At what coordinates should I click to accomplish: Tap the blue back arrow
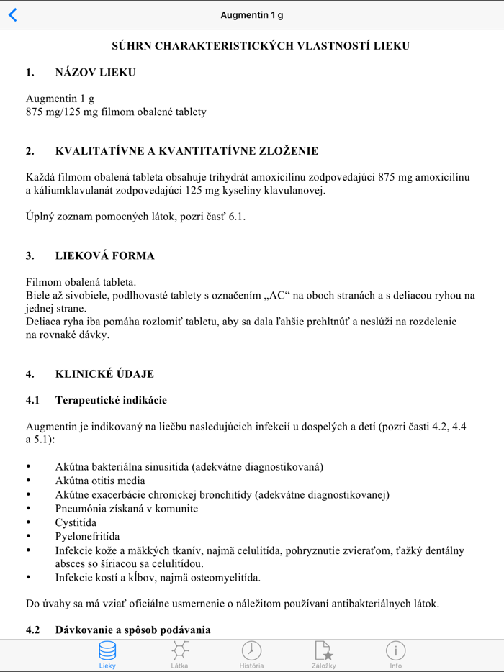pyautogui.click(x=13, y=15)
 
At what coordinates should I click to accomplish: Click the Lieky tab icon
pyautogui.click(x=107, y=651)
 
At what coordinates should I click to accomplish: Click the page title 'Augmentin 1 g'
pyautogui.click(x=252, y=15)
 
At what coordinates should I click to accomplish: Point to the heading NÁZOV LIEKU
pyautogui.click(x=95, y=72)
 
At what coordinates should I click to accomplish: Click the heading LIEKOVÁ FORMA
pyautogui.click(x=104, y=255)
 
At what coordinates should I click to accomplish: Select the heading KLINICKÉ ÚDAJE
pyautogui.click(x=104, y=374)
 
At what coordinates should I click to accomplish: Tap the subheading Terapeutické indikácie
pyautogui.click(x=111, y=400)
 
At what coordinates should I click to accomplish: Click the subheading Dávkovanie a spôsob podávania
pyautogui.click(x=132, y=630)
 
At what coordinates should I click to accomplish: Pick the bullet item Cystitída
pyautogui.click(x=76, y=522)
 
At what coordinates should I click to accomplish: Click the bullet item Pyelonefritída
pyautogui.click(x=87, y=536)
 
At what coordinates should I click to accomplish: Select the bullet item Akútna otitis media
pyautogui.click(x=100, y=481)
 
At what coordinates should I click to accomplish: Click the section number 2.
pyautogui.click(x=30, y=151)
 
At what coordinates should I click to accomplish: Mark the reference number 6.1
pyautogui.click(x=237, y=216)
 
